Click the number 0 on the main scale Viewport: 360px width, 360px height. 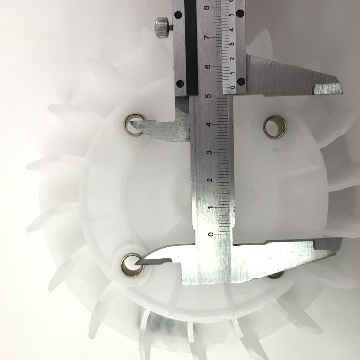click(210, 234)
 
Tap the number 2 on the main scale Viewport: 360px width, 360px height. click(210, 180)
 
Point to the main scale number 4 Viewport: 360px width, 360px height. click(209, 125)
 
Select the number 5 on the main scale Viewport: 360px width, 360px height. click(209, 96)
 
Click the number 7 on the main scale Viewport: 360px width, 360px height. click(208, 37)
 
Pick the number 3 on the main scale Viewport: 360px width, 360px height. click(209, 152)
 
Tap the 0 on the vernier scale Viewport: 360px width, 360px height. click(232, 87)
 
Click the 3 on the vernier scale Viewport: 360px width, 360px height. click(232, 44)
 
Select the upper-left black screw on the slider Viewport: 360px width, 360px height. click(179, 15)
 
